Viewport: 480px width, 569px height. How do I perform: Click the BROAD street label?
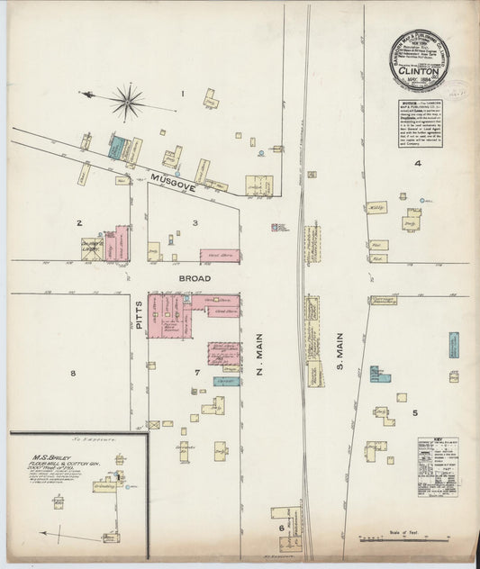point(195,279)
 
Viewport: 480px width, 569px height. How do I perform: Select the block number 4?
point(417,163)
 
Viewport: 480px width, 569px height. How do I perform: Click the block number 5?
point(415,413)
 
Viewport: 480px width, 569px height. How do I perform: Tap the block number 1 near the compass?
point(183,93)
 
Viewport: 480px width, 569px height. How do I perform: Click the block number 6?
point(282,528)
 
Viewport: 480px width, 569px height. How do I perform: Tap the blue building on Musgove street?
point(116,147)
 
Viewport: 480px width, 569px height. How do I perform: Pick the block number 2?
point(79,221)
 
